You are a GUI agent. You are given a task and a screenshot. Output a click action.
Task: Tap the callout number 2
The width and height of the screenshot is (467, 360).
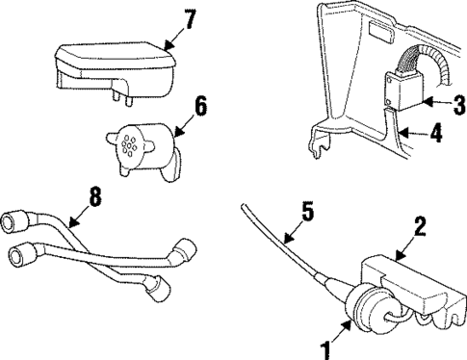[x=419, y=228]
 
